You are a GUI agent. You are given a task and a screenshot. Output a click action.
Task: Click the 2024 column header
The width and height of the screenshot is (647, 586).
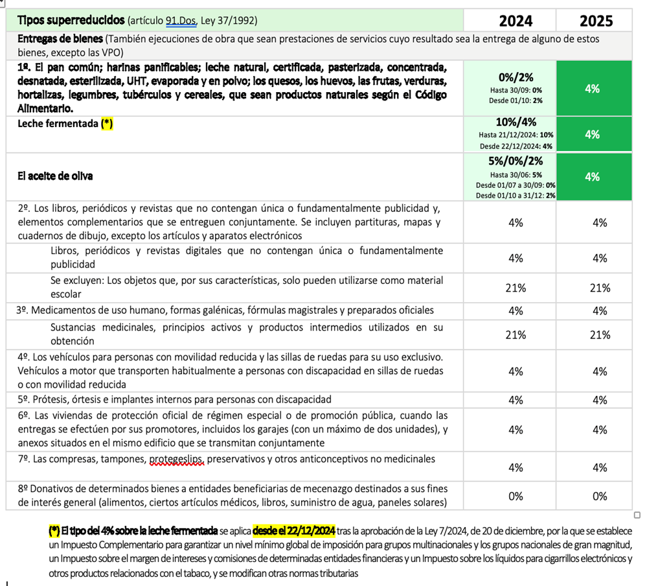tap(516, 21)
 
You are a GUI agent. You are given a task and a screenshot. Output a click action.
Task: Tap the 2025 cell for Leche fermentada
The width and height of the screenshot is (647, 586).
tap(592, 134)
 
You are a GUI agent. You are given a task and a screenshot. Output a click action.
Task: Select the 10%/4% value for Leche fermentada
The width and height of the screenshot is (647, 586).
tap(516, 123)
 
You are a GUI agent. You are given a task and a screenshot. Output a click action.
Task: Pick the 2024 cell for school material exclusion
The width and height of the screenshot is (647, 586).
tap(516, 288)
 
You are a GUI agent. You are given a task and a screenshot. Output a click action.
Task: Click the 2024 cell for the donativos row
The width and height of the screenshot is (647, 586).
tap(516, 497)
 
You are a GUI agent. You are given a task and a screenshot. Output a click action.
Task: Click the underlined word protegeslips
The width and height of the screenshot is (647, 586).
tap(177, 460)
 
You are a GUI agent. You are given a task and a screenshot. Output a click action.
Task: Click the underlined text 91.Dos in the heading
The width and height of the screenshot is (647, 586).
tap(181, 21)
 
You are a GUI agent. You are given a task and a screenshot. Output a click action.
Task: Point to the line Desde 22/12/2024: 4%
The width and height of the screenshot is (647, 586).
tap(516, 146)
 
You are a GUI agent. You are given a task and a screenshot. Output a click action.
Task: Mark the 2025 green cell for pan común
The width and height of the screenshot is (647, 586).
tap(592, 89)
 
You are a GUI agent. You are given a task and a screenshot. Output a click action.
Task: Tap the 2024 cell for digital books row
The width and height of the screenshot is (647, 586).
tap(516, 258)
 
